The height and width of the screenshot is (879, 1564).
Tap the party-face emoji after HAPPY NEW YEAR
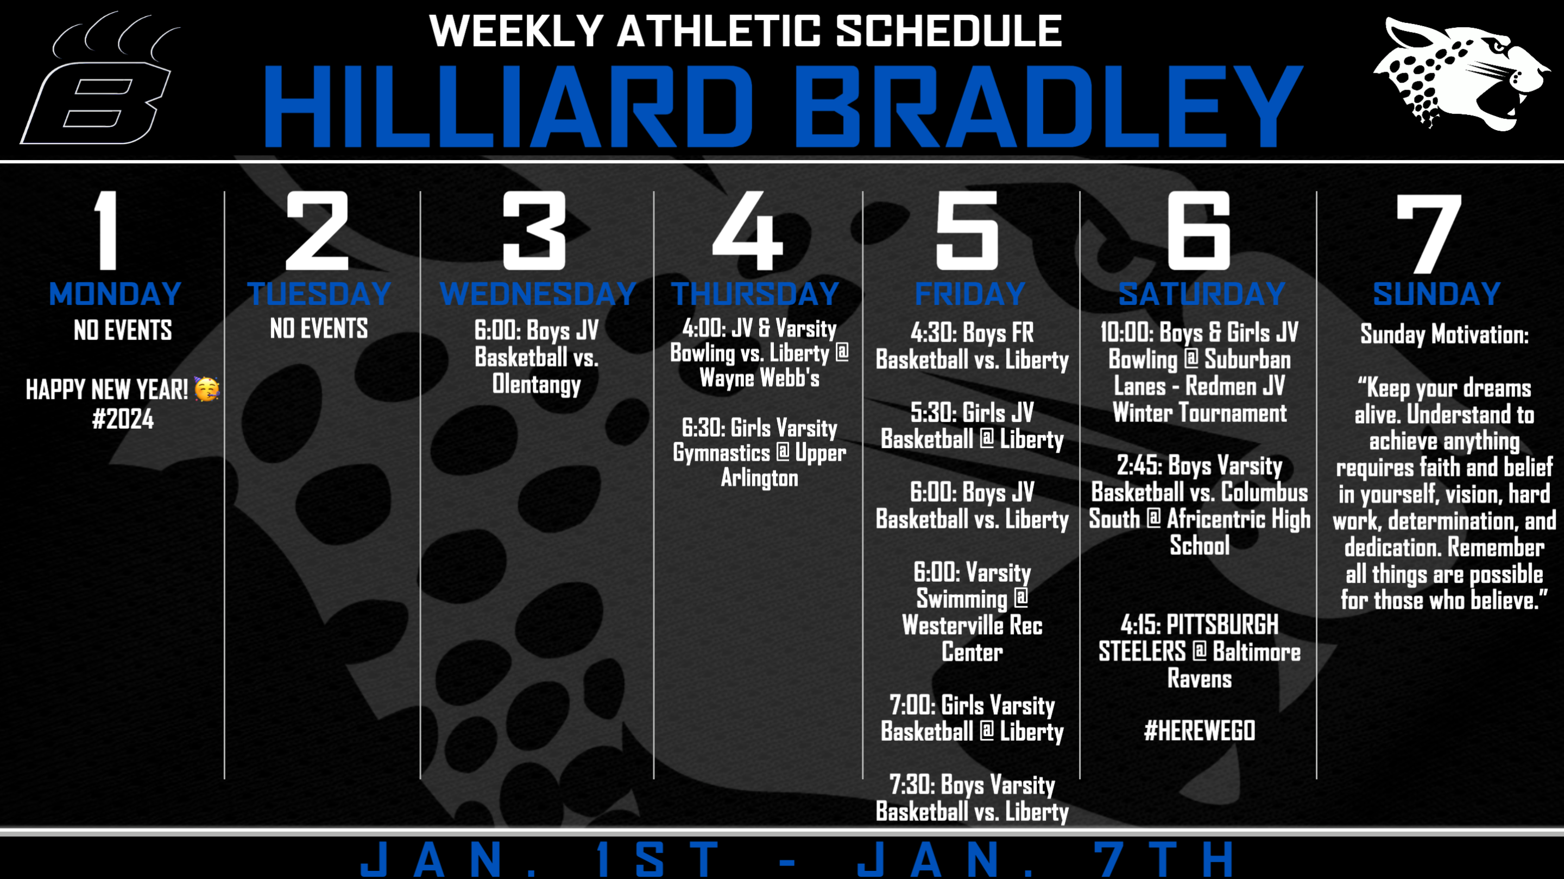coord(206,389)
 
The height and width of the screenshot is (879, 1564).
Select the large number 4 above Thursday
coord(748,231)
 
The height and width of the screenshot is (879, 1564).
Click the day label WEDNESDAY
coord(538,294)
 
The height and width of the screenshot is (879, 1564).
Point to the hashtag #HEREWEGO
coord(1199,731)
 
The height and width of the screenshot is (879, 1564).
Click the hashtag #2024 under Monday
coord(123,418)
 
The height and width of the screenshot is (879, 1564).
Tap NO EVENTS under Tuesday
coord(319,329)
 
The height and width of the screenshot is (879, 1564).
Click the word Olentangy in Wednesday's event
coord(537,385)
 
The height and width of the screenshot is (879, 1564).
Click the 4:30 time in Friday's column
coord(931,333)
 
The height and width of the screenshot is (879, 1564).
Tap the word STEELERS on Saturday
coord(1142,652)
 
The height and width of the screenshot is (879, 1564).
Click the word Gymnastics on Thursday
coord(721,453)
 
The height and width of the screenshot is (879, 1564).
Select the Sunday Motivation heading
coord(1445,334)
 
